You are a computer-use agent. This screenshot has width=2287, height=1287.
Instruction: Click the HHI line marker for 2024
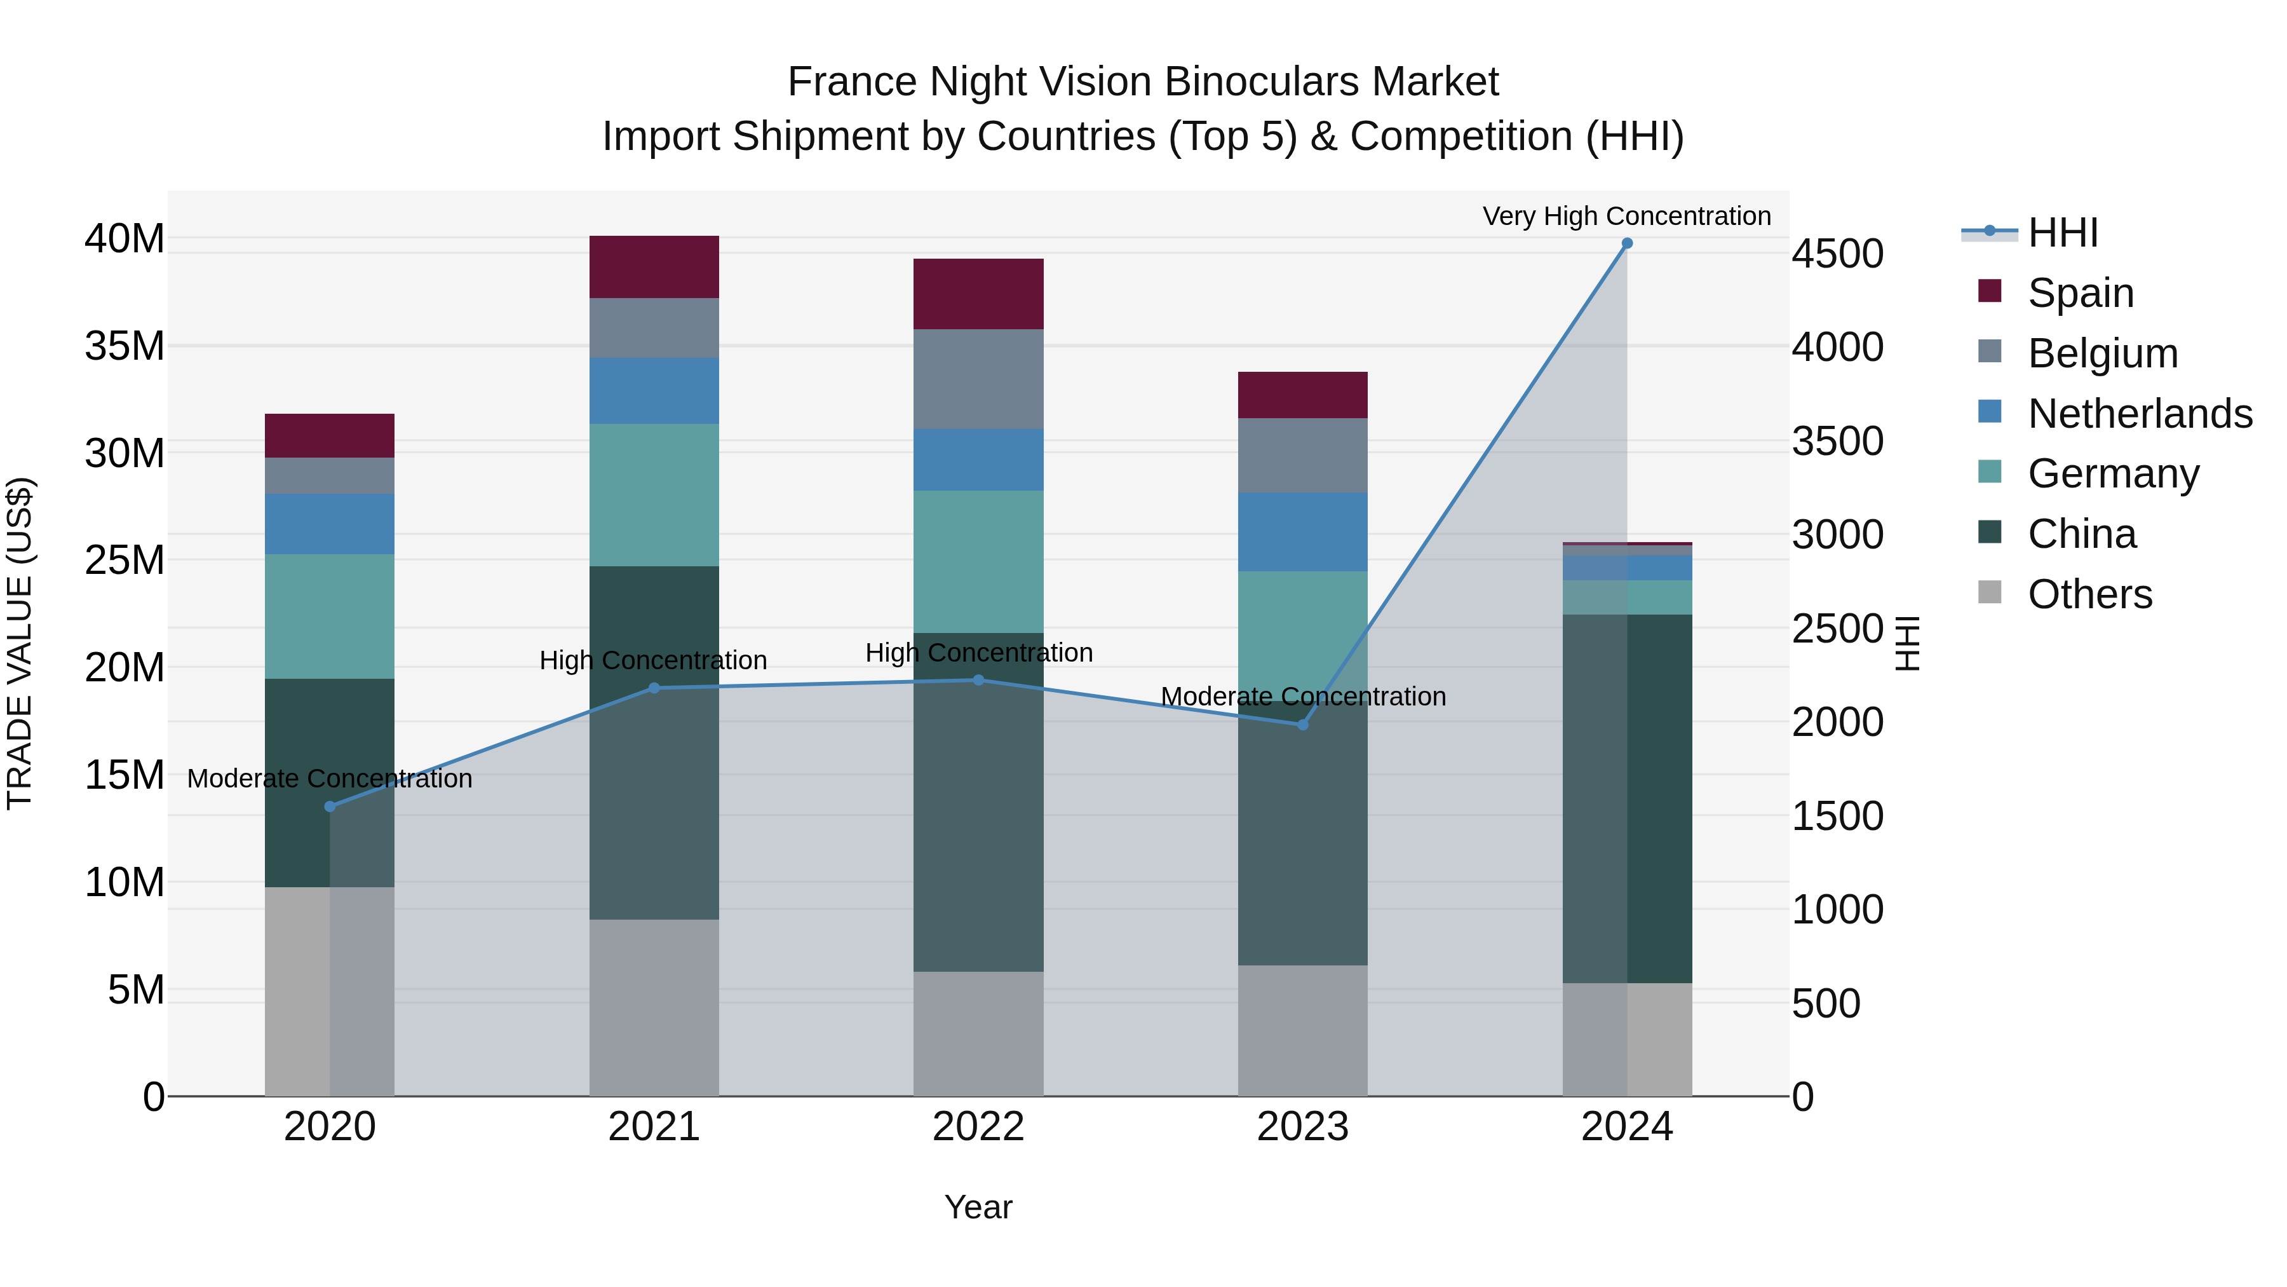(1626, 243)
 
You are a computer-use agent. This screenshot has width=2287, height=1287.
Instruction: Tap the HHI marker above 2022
(978, 680)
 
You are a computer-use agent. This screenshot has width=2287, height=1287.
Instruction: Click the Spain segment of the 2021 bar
(654, 268)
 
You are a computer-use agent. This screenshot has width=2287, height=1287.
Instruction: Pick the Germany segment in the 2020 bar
(329, 616)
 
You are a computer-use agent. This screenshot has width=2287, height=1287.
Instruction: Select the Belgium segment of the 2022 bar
(978, 379)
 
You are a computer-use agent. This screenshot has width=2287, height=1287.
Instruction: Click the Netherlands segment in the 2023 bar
(1302, 532)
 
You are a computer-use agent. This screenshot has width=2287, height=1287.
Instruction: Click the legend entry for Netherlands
(2140, 414)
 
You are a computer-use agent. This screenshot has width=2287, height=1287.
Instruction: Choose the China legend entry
(2081, 534)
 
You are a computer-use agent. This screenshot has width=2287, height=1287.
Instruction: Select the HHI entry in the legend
(2062, 233)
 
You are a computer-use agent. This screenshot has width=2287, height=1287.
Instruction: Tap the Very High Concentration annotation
(1626, 216)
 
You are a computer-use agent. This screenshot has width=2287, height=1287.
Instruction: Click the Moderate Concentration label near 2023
(1302, 697)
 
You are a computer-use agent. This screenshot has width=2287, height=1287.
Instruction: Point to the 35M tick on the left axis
(125, 346)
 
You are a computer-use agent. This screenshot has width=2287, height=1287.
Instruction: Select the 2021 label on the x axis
(654, 1127)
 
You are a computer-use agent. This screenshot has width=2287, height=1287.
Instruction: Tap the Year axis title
(978, 1207)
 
